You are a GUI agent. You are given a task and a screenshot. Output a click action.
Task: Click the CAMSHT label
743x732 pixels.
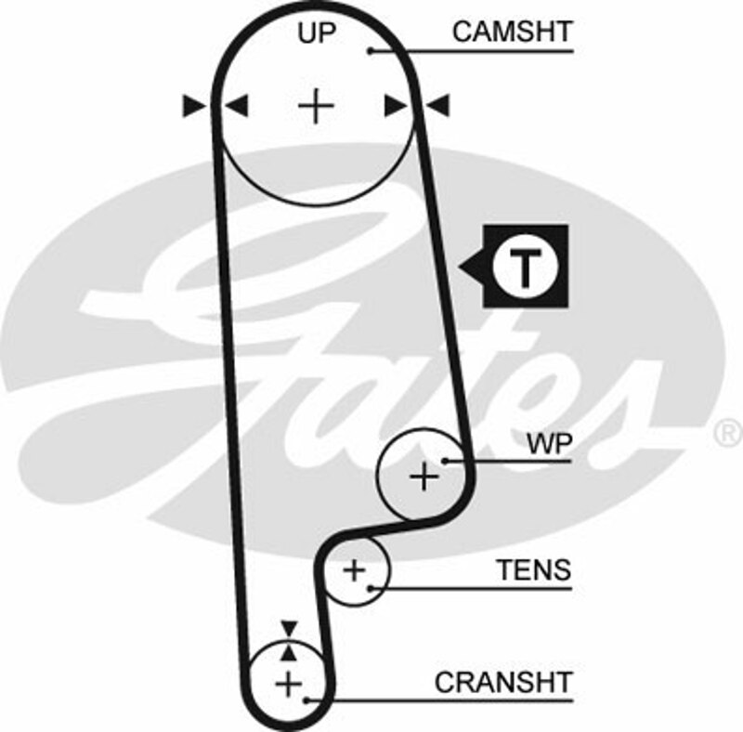pos(512,32)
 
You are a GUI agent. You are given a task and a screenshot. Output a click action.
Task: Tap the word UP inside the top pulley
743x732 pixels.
pos(318,33)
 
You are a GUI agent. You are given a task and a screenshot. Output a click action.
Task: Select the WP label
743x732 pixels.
pos(547,443)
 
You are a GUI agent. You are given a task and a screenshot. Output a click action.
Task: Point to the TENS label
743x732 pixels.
pos(534,569)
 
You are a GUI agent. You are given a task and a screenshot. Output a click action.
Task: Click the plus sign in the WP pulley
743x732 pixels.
pos(424,477)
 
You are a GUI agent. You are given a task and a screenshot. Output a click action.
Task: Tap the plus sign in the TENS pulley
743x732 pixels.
pos(355,569)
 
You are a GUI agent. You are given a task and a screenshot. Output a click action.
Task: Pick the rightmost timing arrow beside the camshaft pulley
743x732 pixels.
pos(438,106)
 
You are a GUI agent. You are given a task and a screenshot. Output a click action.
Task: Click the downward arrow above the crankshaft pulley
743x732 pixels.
pos(290,627)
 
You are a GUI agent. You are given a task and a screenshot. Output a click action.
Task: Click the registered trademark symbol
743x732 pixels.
pos(726,433)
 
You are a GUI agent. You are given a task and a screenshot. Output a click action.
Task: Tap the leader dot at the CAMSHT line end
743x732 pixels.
pos(370,50)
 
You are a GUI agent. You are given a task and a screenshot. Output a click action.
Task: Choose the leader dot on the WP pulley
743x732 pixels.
pos(447,460)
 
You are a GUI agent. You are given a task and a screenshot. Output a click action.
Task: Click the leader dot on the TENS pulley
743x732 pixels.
pos(371,586)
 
